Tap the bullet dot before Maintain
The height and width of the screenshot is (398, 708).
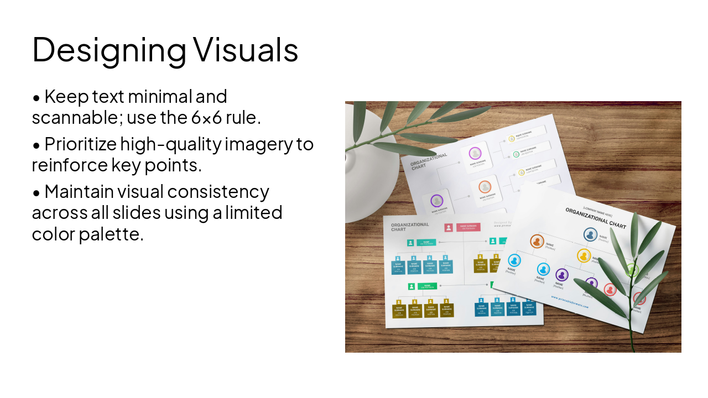point(37,193)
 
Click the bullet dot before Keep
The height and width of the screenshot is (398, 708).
point(37,98)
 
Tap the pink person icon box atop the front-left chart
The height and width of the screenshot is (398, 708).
point(449,227)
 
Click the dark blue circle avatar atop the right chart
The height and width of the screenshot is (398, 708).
point(590,234)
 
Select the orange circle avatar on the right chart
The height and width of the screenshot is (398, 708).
point(537,241)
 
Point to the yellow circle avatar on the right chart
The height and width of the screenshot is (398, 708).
point(584,255)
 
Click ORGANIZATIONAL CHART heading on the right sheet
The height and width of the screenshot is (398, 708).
point(595,218)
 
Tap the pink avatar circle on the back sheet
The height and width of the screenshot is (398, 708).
point(475,153)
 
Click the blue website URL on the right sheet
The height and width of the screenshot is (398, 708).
point(570,302)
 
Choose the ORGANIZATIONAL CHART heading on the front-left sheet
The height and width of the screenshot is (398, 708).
point(409,227)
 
